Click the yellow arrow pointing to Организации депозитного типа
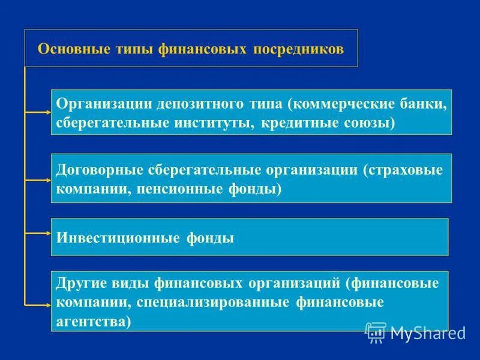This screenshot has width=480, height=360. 39,112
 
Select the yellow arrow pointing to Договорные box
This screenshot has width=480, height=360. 39,178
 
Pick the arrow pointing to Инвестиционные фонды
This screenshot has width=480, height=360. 39,232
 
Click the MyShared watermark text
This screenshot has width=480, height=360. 428,332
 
